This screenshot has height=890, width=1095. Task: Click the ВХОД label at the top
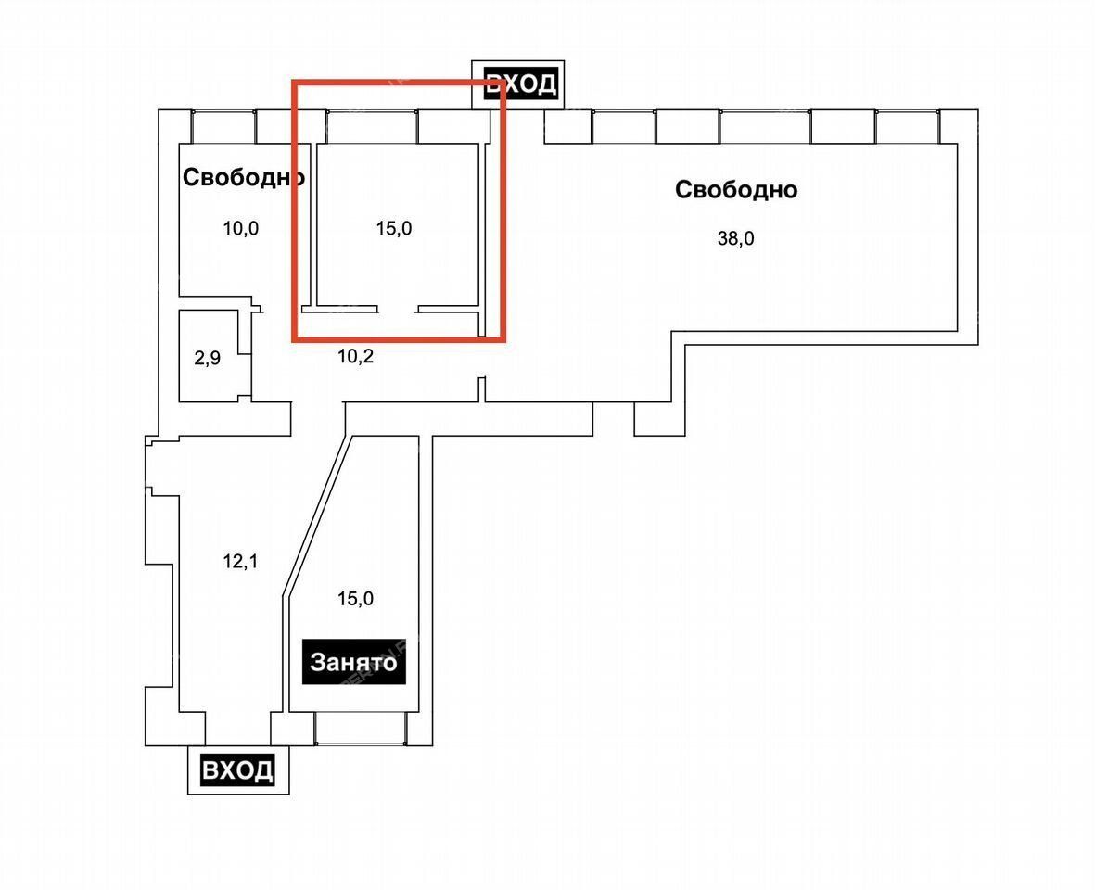click(521, 84)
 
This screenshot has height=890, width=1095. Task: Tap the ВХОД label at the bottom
click(237, 769)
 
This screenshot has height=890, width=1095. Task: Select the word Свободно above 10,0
click(244, 177)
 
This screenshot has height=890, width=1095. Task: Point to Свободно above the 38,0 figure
click(736, 189)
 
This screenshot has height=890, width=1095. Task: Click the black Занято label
click(353, 662)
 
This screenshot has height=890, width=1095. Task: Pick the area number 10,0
click(241, 228)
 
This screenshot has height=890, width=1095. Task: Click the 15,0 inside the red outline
click(394, 228)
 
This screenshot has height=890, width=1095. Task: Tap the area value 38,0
click(736, 239)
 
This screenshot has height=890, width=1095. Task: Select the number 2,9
click(208, 359)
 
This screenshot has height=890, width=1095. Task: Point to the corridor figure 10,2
click(355, 357)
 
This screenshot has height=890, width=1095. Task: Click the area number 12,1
click(240, 561)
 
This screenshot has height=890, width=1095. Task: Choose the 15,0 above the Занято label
click(355, 598)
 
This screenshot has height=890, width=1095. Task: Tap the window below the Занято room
click(361, 728)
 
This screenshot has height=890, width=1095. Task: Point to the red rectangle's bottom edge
click(399, 339)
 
